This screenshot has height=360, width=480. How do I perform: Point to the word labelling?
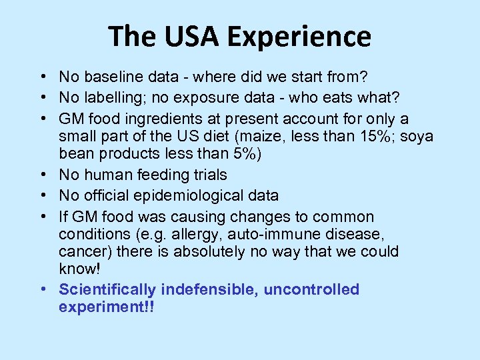(111, 98)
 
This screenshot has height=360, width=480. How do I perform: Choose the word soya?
(417, 136)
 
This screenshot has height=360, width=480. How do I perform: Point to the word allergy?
(182, 235)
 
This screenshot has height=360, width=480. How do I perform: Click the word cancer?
(81, 252)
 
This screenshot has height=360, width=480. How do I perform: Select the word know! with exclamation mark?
(78, 269)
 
